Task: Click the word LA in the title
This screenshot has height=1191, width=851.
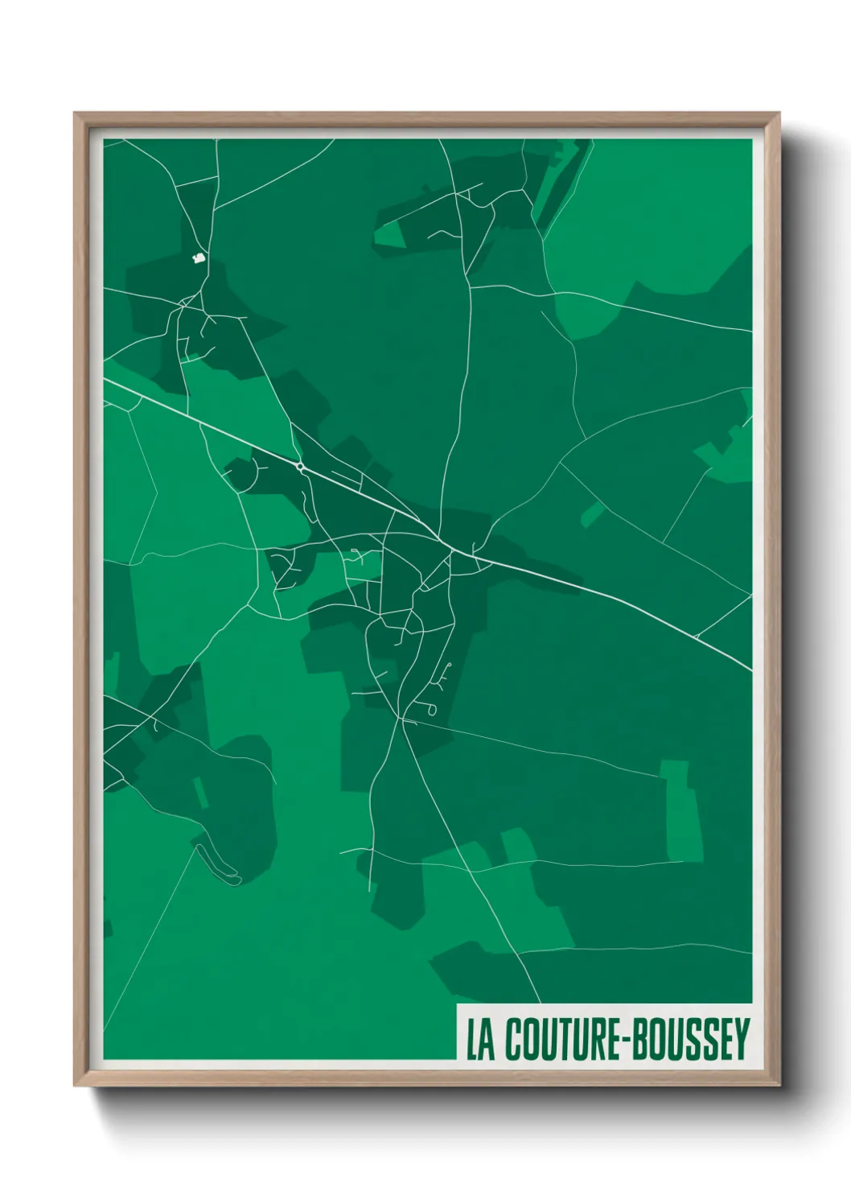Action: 480,1039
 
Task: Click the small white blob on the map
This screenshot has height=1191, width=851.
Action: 197,258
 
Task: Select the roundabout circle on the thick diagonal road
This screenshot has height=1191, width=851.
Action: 300,466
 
